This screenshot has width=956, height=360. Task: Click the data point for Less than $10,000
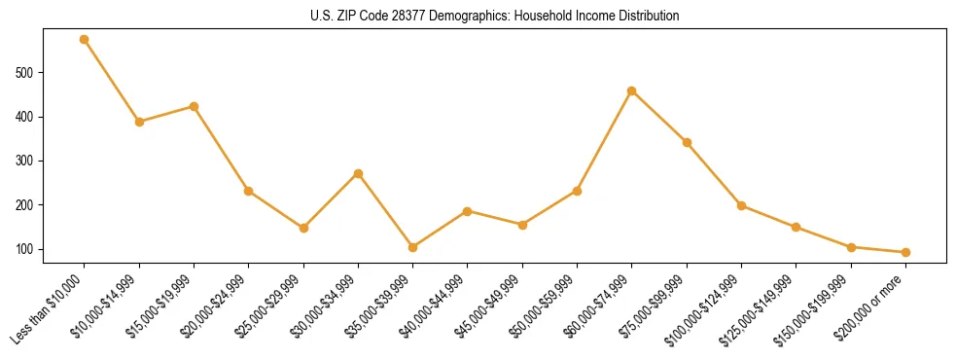85,40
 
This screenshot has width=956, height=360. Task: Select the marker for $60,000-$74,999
632,90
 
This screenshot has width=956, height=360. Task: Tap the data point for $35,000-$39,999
413,247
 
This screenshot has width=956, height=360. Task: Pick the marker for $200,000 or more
905,252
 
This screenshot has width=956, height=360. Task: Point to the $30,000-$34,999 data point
358,173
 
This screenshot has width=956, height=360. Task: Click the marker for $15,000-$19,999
195,106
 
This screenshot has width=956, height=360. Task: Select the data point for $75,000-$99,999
687,142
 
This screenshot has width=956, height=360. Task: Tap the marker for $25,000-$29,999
303,228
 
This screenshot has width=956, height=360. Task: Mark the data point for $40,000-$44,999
468,211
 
